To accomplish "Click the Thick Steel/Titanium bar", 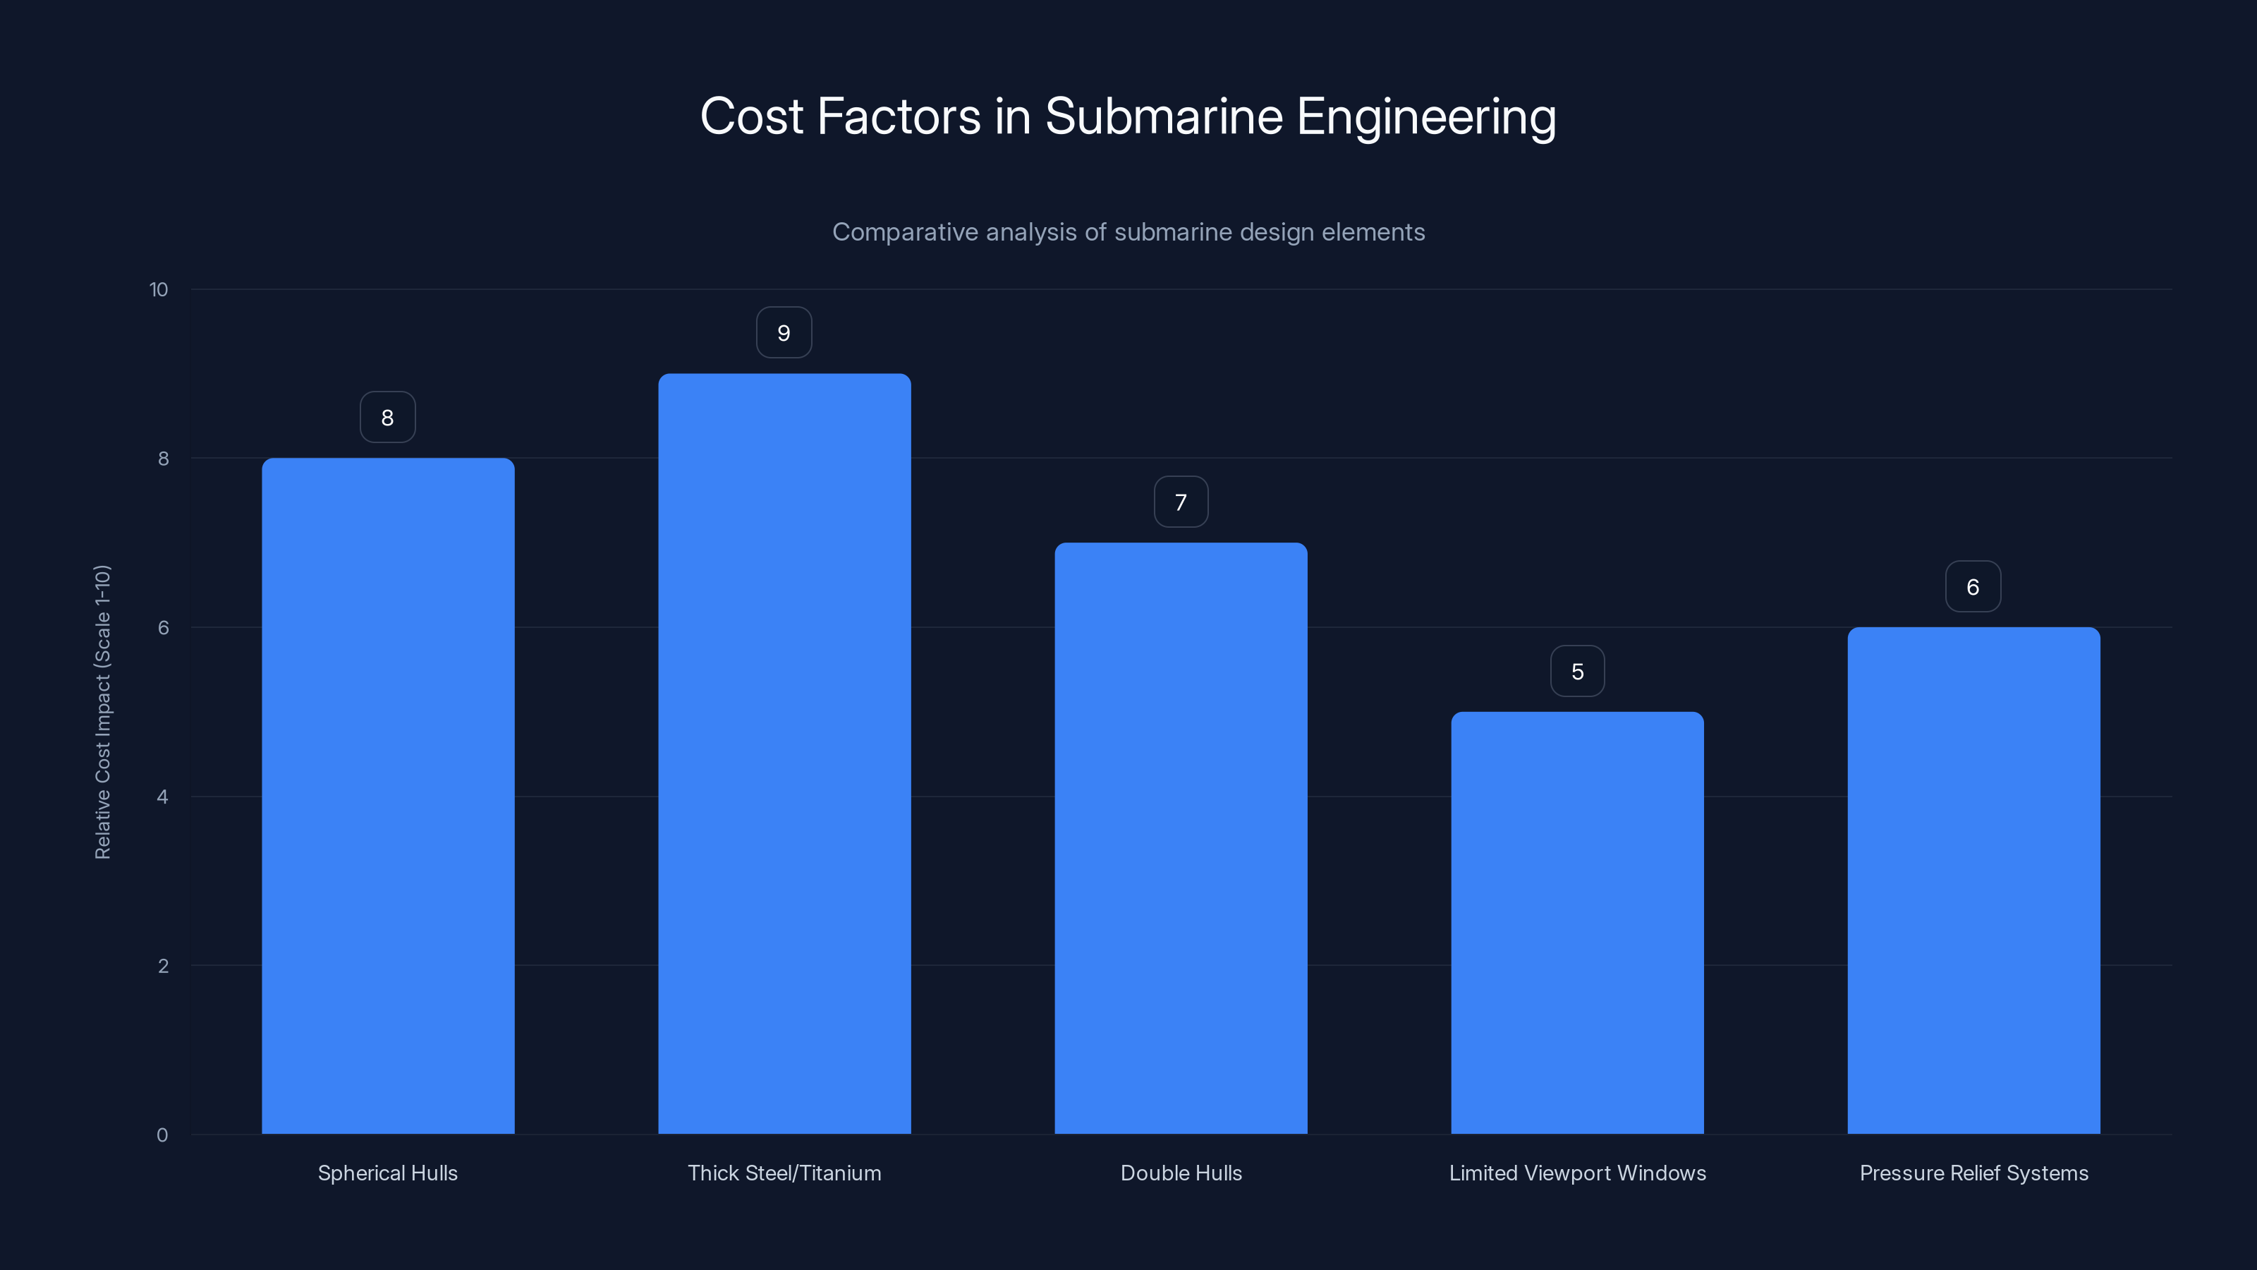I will point(784,754).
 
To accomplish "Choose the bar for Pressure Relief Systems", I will point(1973,880).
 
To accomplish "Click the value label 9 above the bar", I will point(784,333).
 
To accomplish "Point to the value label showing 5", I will point(1577,672).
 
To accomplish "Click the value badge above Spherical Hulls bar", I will point(387,417).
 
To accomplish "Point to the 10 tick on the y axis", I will point(159,290).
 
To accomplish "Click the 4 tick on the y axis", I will point(162,797).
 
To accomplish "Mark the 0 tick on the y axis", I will point(162,1135).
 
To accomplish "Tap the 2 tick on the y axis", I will point(162,966).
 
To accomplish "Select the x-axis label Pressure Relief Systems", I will point(1973,1173).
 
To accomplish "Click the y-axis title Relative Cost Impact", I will point(102,712).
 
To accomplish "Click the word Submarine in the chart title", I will point(1164,116).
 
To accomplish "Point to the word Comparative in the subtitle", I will point(904,232).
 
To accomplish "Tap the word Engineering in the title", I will point(1425,116).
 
